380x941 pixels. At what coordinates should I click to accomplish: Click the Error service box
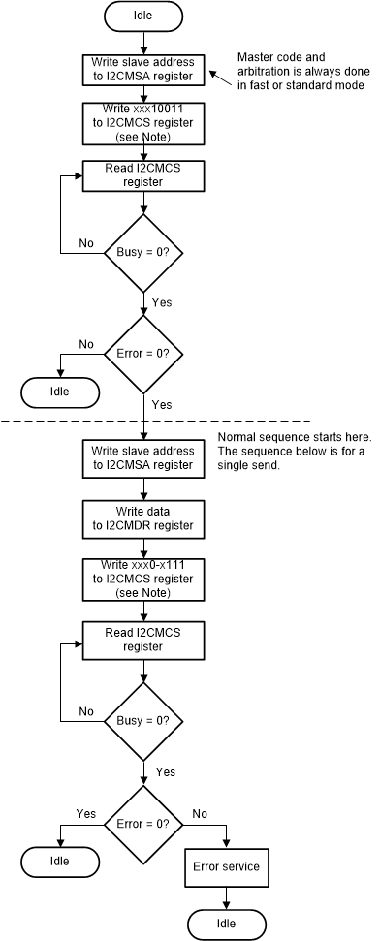228,866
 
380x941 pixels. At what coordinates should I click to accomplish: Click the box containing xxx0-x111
143,579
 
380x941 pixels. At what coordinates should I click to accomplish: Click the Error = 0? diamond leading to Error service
143,823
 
